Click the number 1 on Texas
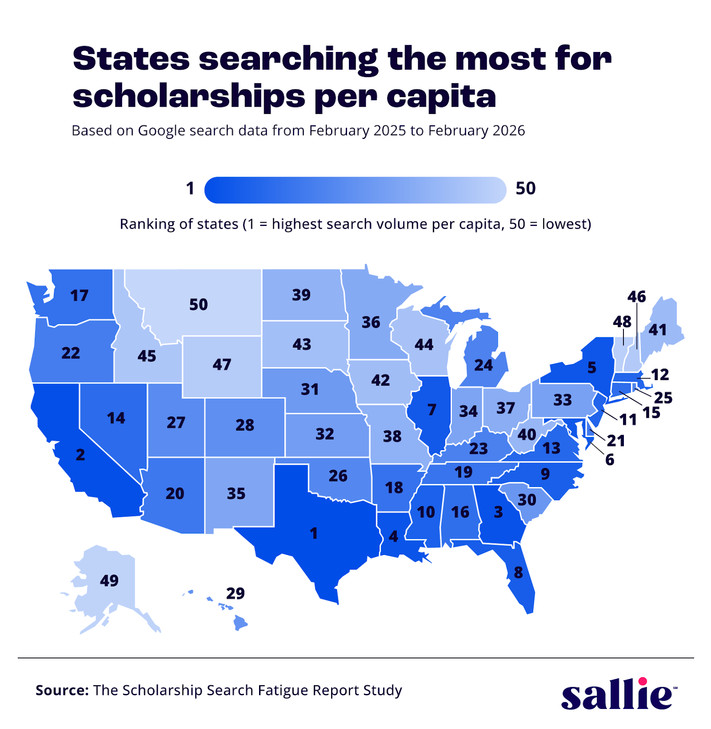tap(314, 533)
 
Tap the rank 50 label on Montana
tap(198, 304)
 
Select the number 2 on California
tap(80, 455)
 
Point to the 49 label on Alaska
tap(109, 580)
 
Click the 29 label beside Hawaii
tap(235, 593)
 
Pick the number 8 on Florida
tap(519, 572)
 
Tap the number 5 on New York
tap(592, 367)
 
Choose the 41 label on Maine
tap(658, 329)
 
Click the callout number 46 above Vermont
tap(637, 297)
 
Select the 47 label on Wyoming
tap(222, 364)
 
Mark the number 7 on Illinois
tap(432, 410)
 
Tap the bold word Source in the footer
tap(62, 690)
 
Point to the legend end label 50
tap(525, 189)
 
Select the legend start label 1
tap(190, 189)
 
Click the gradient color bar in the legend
tap(355, 190)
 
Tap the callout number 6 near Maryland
tap(610, 460)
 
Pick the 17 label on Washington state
tap(79, 296)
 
